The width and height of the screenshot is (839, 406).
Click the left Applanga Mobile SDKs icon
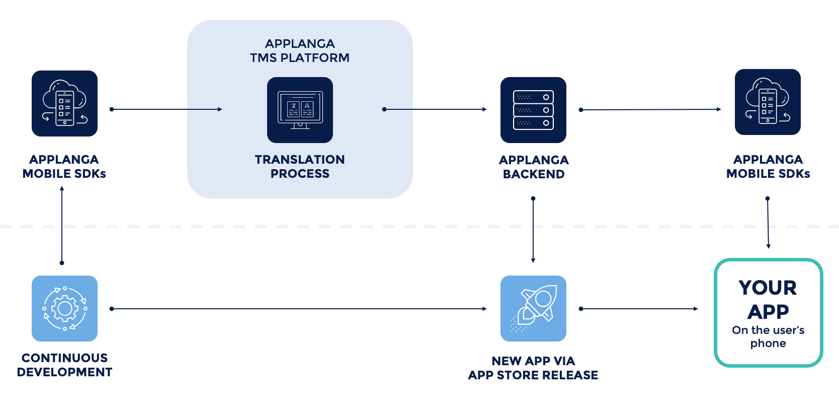(x=64, y=103)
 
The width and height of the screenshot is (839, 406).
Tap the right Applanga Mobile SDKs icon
(x=768, y=102)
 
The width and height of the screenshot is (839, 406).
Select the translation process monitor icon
(x=300, y=110)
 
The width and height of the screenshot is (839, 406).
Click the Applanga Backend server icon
(x=533, y=110)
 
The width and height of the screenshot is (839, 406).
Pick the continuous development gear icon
(x=64, y=308)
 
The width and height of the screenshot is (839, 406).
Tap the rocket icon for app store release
(x=533, y=308)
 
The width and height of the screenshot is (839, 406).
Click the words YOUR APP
(x=768, y=300)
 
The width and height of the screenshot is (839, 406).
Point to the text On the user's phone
(x=768, y=336)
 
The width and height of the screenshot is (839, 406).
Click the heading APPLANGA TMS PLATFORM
(x=300, y=51)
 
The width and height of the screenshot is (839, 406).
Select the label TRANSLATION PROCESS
(x=300, y=167)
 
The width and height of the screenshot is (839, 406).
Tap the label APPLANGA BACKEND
(x=533, y=167)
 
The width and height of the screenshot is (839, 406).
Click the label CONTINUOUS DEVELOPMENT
(x=64, y=365)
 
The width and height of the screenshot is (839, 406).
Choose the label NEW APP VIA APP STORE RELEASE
(x=533, y=368)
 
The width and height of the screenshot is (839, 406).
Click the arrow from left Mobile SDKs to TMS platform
(x=166, y=109)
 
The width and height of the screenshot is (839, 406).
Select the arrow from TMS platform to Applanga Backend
(x=435, y=109)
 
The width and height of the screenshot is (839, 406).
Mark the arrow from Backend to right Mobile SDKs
(x=650, y=109)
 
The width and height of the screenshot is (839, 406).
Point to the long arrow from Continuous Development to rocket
(x=299, y=309)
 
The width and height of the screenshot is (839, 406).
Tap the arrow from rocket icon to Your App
(x=639, y=309)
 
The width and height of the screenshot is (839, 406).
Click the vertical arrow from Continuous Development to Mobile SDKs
(x=62, y=225)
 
